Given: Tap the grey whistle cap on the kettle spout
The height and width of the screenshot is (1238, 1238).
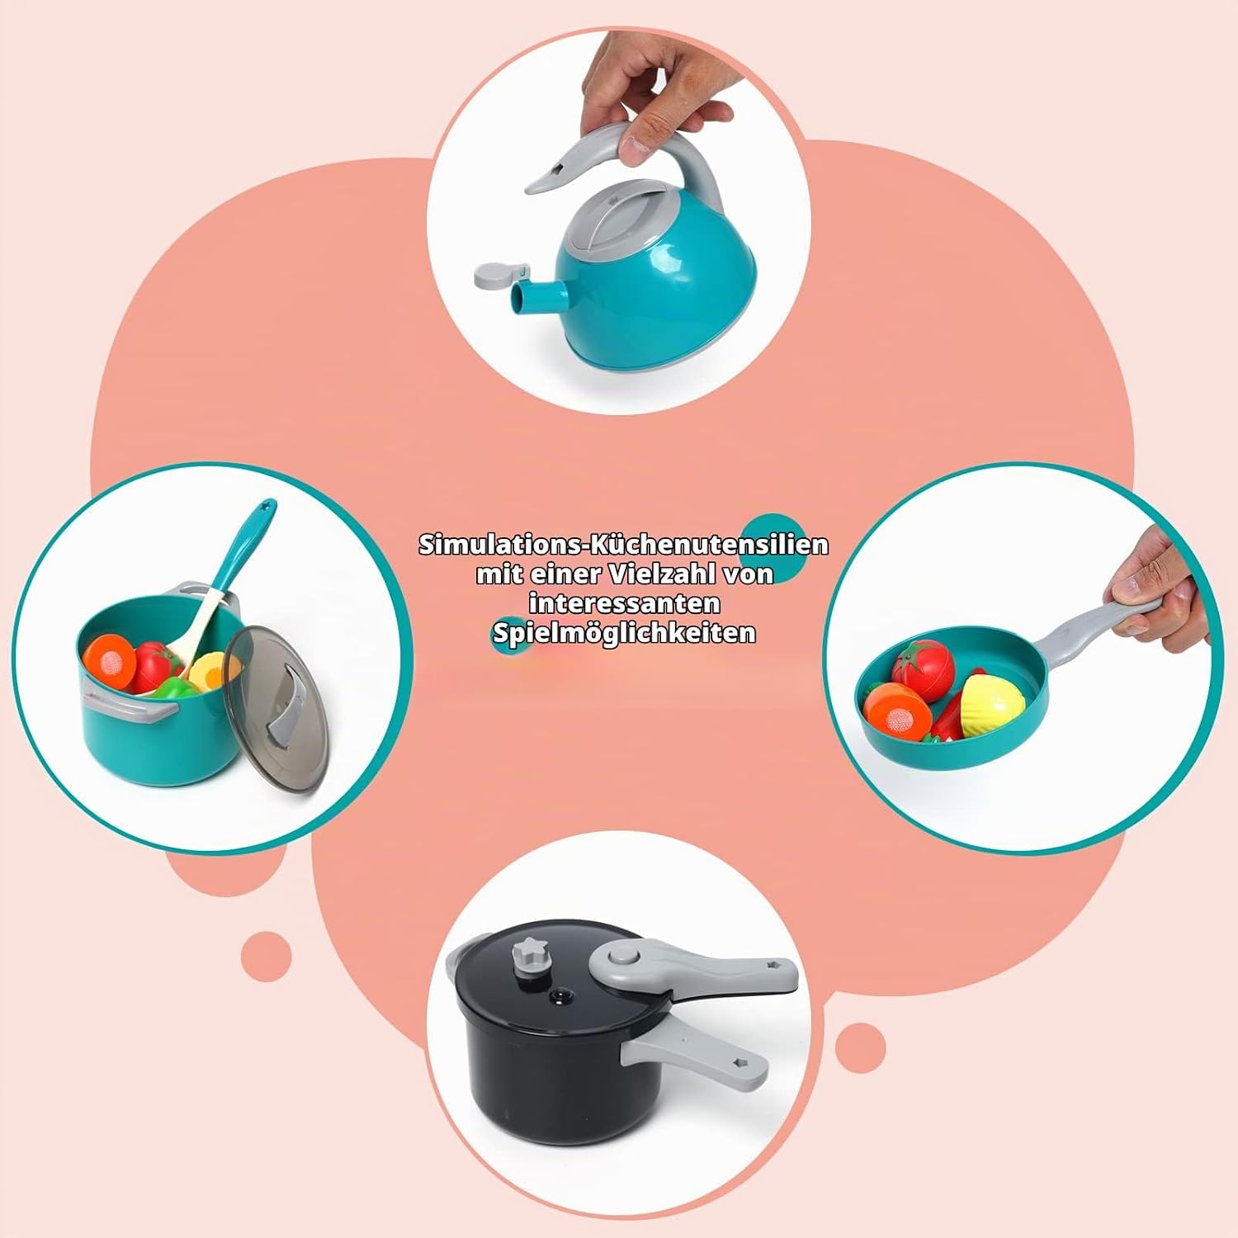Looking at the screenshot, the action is [499, 273].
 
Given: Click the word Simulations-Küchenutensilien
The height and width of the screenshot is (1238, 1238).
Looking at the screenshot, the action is [623, 545].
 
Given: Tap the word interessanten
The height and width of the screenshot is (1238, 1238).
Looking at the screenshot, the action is [625, 603].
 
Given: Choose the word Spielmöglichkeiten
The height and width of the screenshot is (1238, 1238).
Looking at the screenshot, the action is [624, 633].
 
